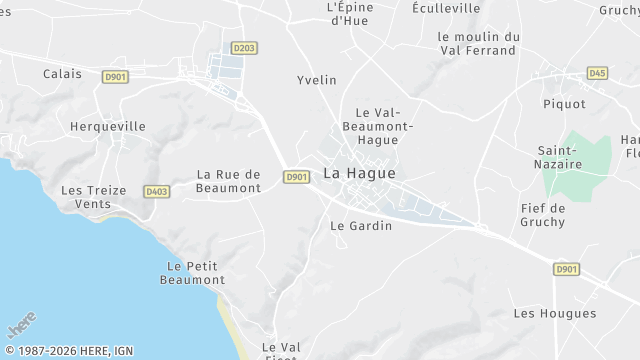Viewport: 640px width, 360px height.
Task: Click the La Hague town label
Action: [x=359, y=174]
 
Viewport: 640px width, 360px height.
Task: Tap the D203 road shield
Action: [x=243, y=47]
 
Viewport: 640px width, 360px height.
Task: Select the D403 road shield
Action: [x=156, y=191]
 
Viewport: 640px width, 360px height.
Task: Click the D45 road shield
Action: [x=598, y=73]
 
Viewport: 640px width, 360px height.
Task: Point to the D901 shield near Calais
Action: [x=115, y=75]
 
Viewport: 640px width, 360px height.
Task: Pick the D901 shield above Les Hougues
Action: [x=567, y=269]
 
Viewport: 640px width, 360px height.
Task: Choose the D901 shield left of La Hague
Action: [x=295, y=177]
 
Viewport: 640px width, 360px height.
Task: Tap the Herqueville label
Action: [x=108, y=127]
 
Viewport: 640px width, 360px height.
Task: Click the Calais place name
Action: [x=63, y=74]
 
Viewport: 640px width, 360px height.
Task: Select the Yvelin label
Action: [x=316, y=80]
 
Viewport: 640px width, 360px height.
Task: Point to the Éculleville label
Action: [x=446, y=8]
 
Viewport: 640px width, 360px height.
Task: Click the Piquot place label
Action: [x=564, y=104]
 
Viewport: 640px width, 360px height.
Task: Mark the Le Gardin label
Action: [x=361, y=226]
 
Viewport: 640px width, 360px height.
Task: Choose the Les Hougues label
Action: [x=554, y=314]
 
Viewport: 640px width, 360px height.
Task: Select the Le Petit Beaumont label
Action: [x=192, y=273]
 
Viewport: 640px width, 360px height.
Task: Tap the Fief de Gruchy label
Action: [x=543, y=215]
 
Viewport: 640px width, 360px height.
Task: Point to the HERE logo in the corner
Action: [x=21, y=326]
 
